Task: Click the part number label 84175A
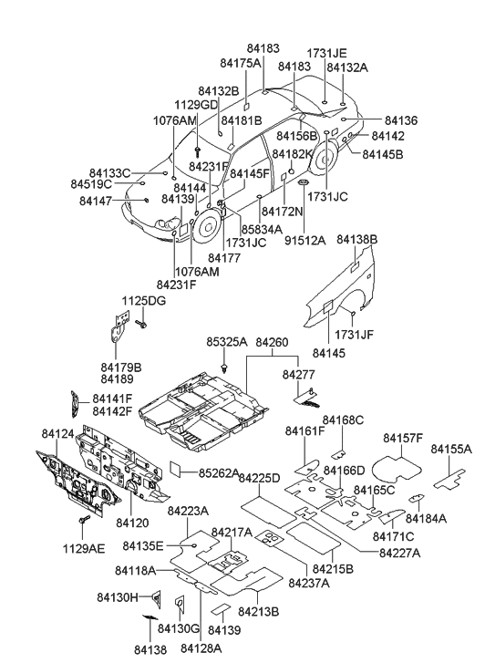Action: [241, 62]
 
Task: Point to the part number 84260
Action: [272, 343]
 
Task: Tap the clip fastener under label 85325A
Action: [224, 366]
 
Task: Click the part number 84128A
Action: [200, 647]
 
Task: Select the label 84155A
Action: [452, 450]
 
